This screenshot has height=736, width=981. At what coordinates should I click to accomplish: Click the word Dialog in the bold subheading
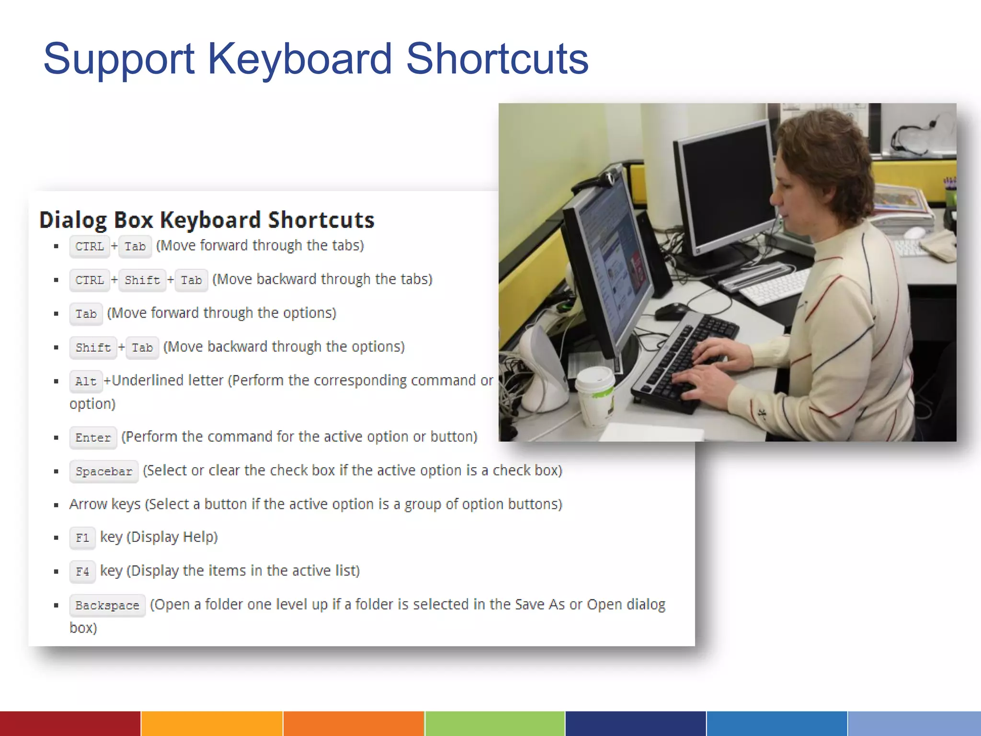72,220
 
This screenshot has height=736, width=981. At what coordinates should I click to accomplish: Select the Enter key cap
93,437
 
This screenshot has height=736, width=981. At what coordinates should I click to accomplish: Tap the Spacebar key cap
104,471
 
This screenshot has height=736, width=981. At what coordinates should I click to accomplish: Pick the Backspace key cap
107,606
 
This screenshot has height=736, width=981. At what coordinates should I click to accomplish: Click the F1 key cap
82,538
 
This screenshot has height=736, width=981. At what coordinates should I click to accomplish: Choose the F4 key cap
82,572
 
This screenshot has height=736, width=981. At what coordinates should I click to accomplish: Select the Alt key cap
86,381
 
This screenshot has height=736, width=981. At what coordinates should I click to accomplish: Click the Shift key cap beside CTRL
142,280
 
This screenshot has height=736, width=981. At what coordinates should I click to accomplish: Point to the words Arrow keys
105,504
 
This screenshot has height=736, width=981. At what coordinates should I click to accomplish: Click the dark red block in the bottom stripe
70,724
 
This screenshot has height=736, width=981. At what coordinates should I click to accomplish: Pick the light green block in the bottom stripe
495,724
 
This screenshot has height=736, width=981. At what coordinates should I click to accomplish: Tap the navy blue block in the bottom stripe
636,724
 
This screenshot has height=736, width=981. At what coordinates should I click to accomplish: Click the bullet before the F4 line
57,571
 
